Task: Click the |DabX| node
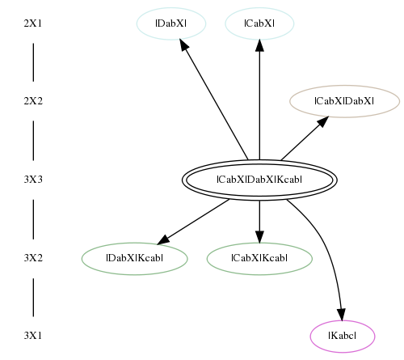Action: (x=171, y=23)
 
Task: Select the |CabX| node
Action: (x=259, y=23)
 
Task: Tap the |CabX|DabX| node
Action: (x=344, y=101)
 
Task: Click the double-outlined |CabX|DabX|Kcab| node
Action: (x=259, y=180)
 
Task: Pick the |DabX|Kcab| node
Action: (x=135, y=258)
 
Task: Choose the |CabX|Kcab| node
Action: (x=259, y=258)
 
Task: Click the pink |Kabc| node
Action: (x=343, y=337)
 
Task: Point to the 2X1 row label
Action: (x=33, y=23)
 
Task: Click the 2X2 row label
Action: (x=33, y=101)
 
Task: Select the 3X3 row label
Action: (x=33, y=180)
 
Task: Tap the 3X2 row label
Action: (x=33, y=258)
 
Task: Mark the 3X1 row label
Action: (x=33, y=336)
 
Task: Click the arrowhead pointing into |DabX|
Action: (x=184, y=44)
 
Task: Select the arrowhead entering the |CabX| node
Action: (x=259, y=45)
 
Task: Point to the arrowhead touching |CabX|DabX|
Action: (x=323, y=121)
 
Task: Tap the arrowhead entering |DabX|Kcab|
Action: (x=163, y=239)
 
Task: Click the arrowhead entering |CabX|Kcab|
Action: (x=259, y=237)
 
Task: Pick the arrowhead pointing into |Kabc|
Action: (x=341, y=315)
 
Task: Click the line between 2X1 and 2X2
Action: (x=33, y=62)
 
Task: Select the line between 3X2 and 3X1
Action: (x=33, y=297)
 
